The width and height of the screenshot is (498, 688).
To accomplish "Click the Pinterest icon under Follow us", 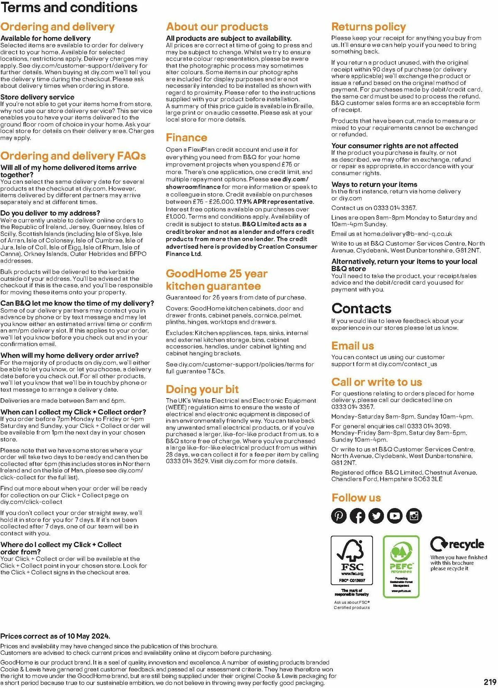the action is pyautogui.click(x=339, y=516).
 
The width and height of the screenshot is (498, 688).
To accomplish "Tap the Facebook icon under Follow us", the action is pyautogui.click(x=358, y=516).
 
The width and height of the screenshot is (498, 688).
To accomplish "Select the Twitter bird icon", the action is pyautogui.click(x=376, y=516).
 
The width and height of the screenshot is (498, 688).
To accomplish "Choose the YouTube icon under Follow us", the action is pyautogui.click(x=395, y=516).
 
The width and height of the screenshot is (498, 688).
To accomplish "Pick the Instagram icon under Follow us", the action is pyautogui.click(x=414, y=516).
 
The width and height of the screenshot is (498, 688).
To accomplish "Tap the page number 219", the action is pyautogui.click(x=490, y=682).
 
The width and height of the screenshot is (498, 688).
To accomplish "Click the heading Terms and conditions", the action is pyautogui.click(x=69, y=7).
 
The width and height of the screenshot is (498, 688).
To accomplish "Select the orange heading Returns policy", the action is pyautogui.click(x=369, y=27).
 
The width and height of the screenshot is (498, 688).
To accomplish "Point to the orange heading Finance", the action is pyautogui.click(x=186, y=138).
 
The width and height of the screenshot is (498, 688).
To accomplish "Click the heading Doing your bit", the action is pyautogui.click(x=202, y=389).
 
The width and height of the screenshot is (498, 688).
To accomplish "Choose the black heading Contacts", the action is pyautogui.click(x=361, y=309).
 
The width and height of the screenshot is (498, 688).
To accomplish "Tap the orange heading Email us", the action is pyautogui.click(x=352, y=346).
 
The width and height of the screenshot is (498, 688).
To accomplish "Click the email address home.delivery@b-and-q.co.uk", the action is pyautogui.click(x=408, y=234).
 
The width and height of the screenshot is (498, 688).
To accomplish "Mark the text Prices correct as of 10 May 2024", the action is pyautogui.click(x=55, y=636).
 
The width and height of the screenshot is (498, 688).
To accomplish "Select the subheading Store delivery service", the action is pyautogui.click(x=37, y=97).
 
